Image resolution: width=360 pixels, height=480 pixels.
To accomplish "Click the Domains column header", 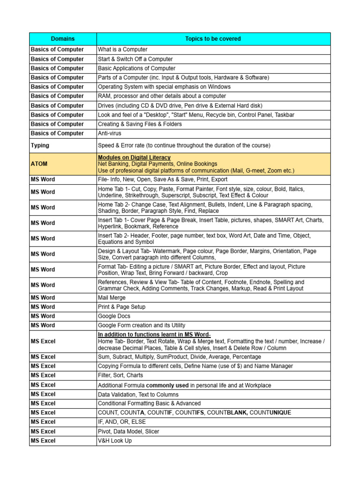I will click(63, 39).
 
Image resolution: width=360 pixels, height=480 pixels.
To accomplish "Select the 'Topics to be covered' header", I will click(213, 39).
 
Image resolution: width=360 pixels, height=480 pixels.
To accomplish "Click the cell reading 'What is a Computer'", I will click(123, 50).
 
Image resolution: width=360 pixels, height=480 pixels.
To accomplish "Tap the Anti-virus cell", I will click(110, 134).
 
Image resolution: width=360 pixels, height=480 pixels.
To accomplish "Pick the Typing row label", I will click(40, 146).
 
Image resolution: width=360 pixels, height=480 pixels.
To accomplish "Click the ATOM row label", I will click(39, 164).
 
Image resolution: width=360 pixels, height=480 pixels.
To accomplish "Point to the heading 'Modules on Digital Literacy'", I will click(134, 157).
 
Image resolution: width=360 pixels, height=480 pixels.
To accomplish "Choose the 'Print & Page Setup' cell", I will click(122, 307).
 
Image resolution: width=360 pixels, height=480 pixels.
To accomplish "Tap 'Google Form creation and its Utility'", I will click(142, 325).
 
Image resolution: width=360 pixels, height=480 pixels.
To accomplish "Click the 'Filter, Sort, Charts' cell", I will click(120, 375).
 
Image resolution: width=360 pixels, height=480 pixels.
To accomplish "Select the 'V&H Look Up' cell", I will click(115, 441).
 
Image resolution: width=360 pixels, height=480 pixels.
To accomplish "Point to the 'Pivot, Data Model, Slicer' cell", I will click(128, 431).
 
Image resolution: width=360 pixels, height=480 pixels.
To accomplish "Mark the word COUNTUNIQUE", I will click(270, 412).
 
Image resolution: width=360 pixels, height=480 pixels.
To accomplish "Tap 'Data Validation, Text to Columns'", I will click(138, 394).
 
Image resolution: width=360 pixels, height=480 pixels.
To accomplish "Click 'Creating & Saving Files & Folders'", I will click(140, 124).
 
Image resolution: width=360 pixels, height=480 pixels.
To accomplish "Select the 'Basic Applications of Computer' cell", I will click(136, 68).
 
